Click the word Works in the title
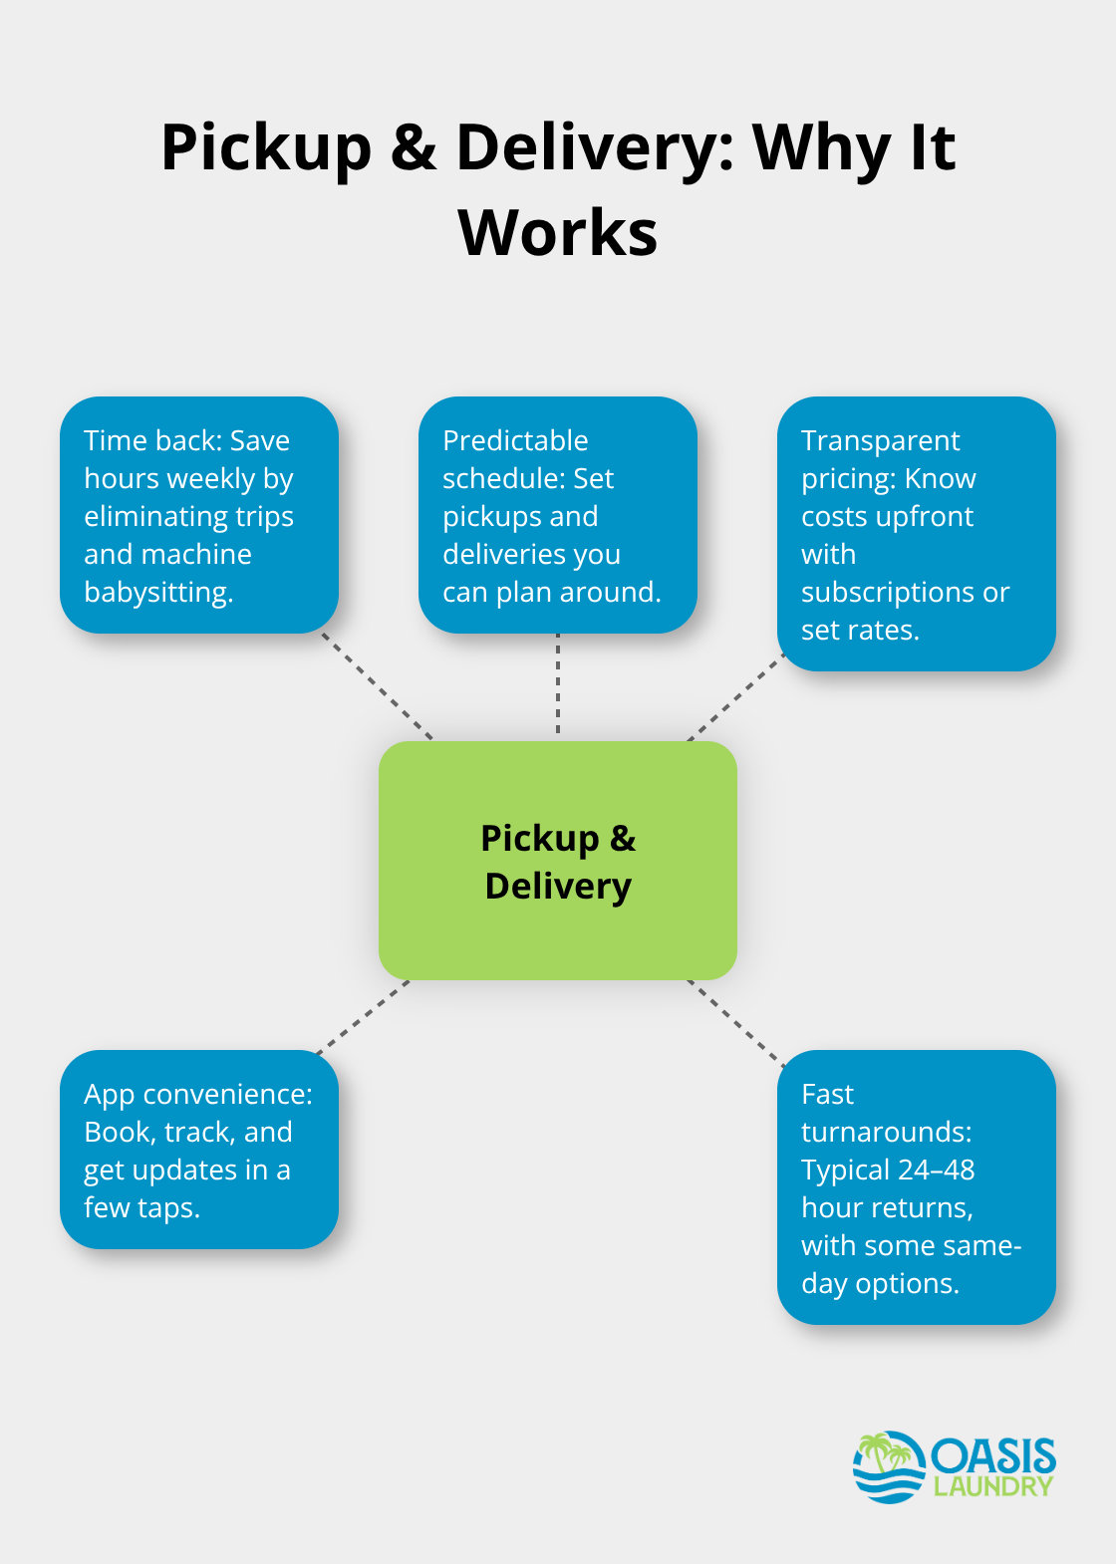[557, 233]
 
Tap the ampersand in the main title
[414, 147]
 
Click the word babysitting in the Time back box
[157, 593]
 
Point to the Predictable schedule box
[557, 515]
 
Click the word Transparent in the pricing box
[880, 440]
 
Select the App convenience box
[199, 1150]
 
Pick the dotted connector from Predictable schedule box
[558, 686]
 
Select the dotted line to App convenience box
[362, 1017]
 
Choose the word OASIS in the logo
[993, 1457]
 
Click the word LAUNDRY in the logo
[992, 1487]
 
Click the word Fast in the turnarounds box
[827, 1095]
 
